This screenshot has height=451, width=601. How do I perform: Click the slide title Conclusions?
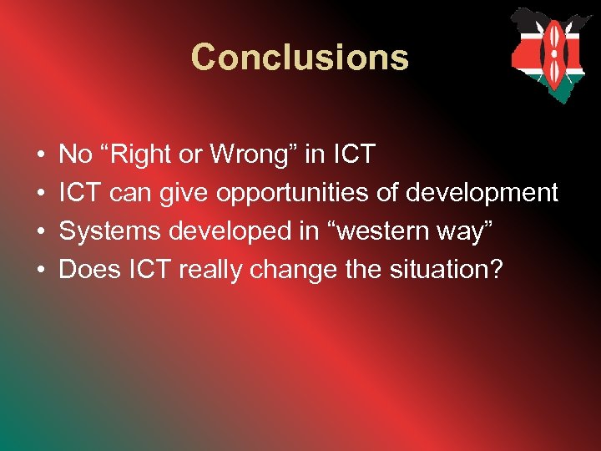pyautogui.click(x=300, y=57)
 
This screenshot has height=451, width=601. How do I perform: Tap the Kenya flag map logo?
pyautogui.click(x=551, y=54)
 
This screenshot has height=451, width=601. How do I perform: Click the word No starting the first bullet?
pyautogui.click(x=76, y=155)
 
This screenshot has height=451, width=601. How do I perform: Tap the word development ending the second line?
pyautogui.click(x=482, y=193)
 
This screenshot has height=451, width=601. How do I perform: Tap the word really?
pyautogui.click(x=211, y=270)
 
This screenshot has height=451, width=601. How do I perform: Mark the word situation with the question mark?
pyautogui.click(x=454, y=270)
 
